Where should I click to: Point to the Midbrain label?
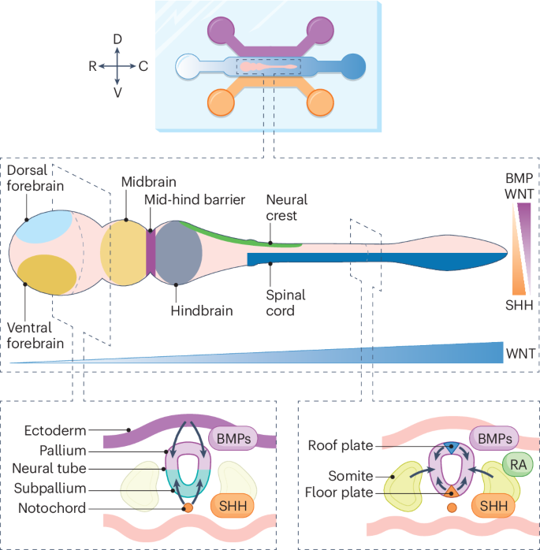pyautogui.click(x=144, y=182)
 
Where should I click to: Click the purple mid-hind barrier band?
pyautogui.click(x=151, y=249)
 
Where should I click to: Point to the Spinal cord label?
pyautogui.click(x=286, y=303)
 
